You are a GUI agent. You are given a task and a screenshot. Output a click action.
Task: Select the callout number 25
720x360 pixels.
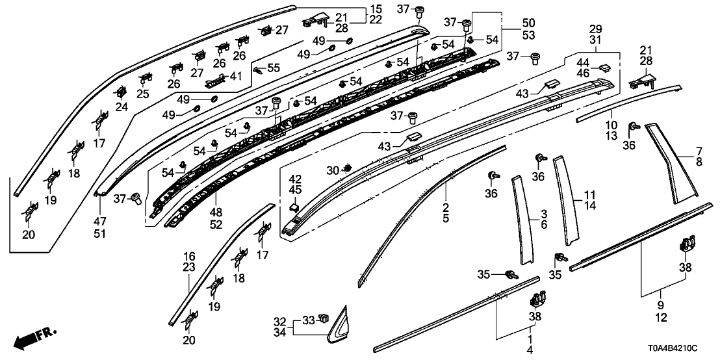click(x=143, y=94)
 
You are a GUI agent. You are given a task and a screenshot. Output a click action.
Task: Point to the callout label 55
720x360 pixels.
click(x=274, y=68)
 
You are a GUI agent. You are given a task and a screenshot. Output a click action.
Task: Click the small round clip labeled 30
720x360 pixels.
click(x=348, y=170)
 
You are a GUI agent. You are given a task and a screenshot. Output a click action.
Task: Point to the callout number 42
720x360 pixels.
click(x=295, y=179)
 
